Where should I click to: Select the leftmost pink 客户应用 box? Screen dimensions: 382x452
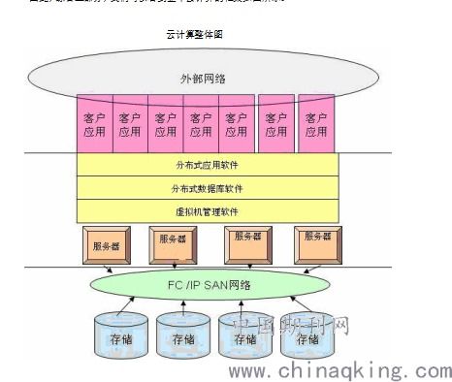pyautogui.click(x=94, y=124)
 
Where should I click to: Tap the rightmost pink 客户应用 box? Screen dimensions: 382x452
pyautogui.click(x=316, y=124)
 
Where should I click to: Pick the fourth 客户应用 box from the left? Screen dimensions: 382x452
pyautogui.click(x=200, y=124)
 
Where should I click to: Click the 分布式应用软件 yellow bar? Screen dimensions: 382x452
pyautogui.click(x=208, y=165)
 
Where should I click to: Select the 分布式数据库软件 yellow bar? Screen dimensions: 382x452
pyautogui.click(x=208, y=188)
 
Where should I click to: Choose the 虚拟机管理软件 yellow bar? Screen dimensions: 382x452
pyautogui.click(x=208, y=211)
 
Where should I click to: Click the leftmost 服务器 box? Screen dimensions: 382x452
pyautogui.click(x=106, y=246)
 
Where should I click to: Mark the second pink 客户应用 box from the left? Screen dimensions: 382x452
pyautogui.click(x=130, y=124)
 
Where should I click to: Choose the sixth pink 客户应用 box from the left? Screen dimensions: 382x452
pyautogui.click(x=275, y=124)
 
